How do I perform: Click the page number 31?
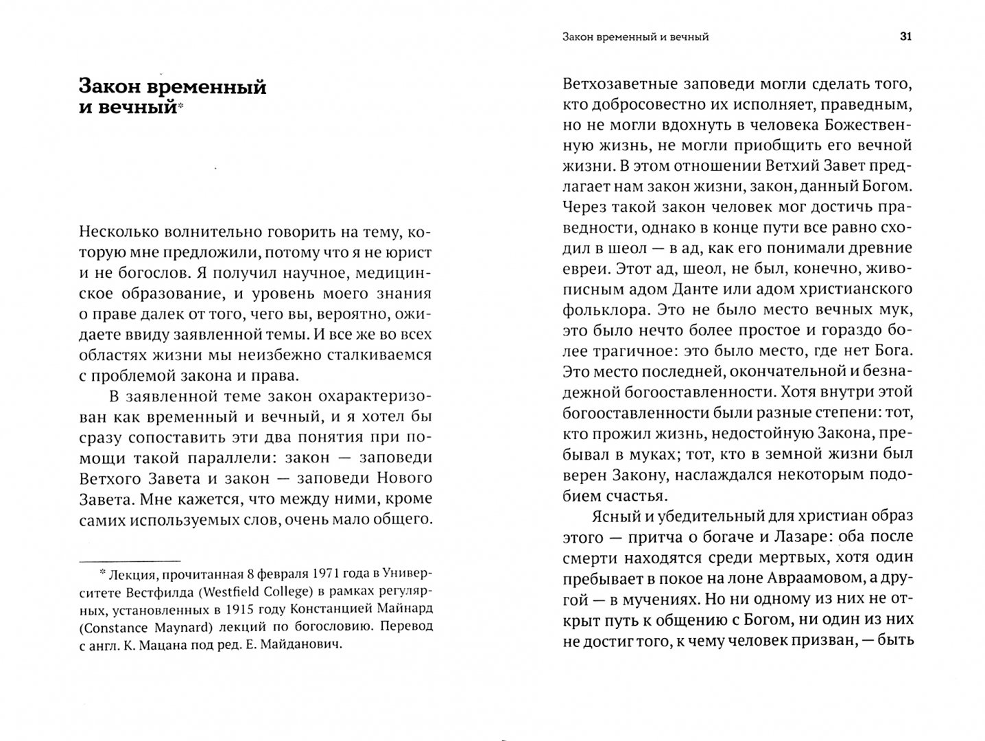905,37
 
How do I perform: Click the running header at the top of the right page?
632,37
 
